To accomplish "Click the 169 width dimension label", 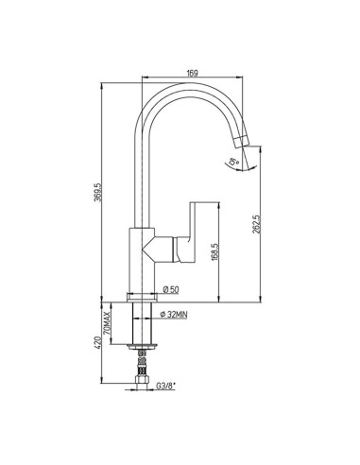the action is click(192, 73).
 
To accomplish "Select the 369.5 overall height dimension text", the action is click(97, 192).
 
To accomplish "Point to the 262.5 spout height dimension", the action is click(256, 224).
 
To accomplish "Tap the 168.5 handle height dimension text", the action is click(214, 251).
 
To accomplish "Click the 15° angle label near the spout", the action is click(233, 162).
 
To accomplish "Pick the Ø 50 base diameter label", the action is click(171, 289).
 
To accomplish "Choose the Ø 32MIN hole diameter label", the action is click(174, 314).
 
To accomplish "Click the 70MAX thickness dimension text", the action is click(108, 323).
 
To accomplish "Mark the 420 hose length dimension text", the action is click(97, 342).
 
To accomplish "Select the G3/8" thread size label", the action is click(166, 386).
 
